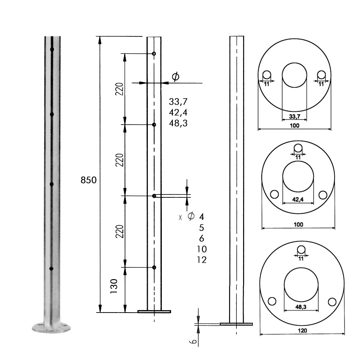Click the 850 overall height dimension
tap(89, 180)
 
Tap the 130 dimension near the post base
tap(114, 286)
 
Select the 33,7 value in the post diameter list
tap(178, 102)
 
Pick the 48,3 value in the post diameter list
tap(178, 123)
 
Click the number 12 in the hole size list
tap(202, 260)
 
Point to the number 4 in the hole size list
tap(202, 216)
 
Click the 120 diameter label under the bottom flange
tap(302, 331)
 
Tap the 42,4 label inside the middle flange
tap(298, 199)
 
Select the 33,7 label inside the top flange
tap(295, 116)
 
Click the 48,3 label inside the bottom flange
tap(301, 307)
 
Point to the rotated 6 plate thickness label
tap(194, 342)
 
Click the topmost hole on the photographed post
tap(52, 50)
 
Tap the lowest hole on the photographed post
tap(51, 269)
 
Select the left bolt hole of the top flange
tap(267, 75)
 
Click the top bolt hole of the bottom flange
tap(301, 249)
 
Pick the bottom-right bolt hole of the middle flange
tap(323, 195)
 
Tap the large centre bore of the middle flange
tap(298, 176)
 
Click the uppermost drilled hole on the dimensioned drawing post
tap(154, 54)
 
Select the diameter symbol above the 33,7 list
tap(176, 77)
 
